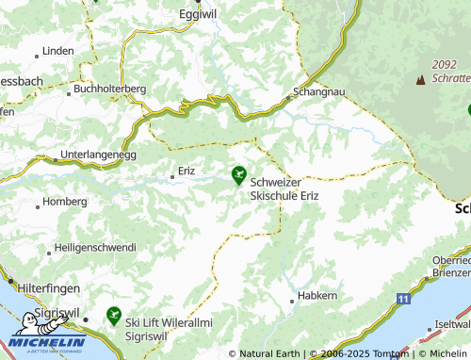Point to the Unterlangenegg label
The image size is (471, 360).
coord(99,154)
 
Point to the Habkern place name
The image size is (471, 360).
coord(317,296)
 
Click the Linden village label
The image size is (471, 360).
coord(57,49)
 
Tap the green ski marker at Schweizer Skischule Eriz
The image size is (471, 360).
coord(239,174)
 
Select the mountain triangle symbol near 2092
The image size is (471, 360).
coord(419,80)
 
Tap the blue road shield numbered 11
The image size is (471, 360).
coord(403,299)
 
